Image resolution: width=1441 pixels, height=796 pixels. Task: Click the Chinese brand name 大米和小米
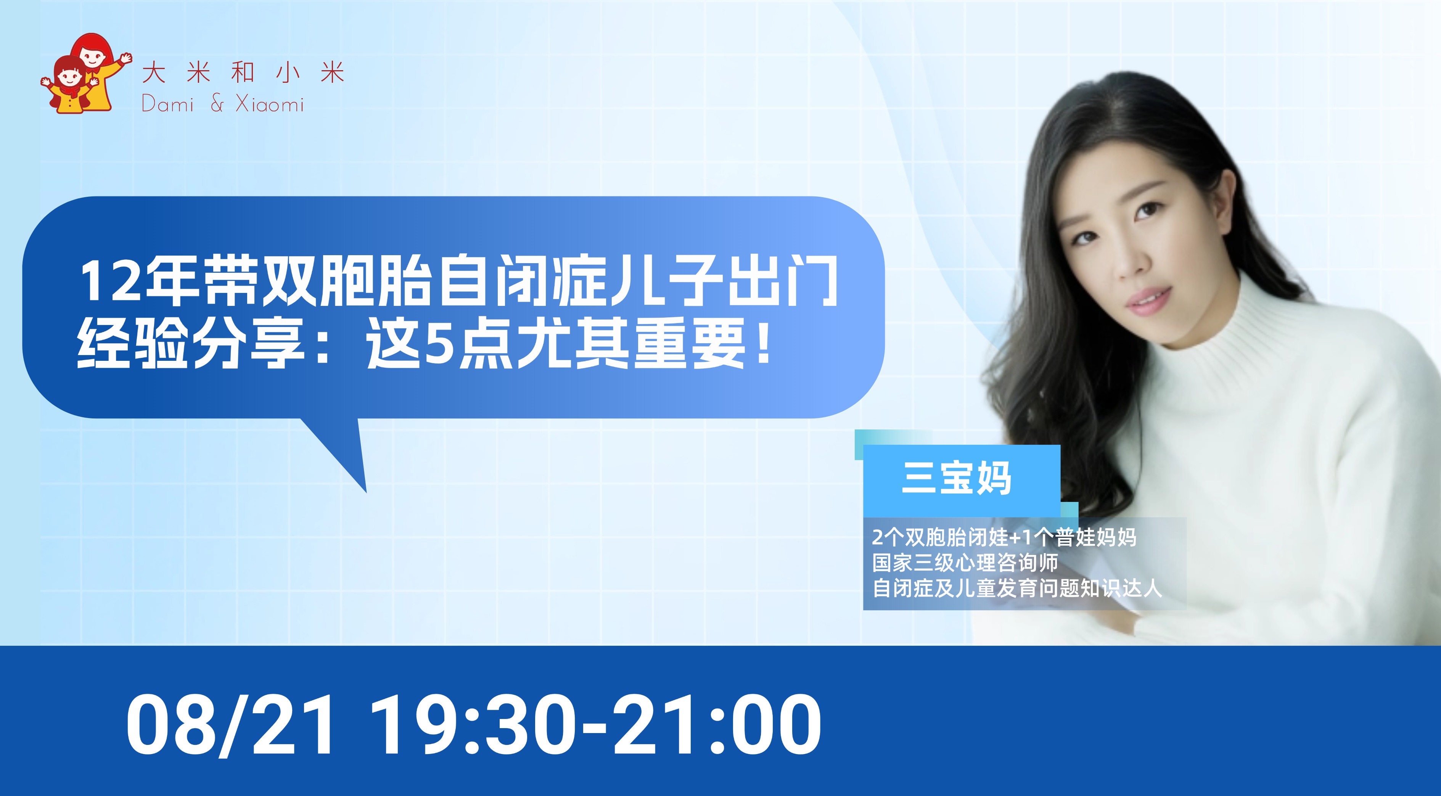243,73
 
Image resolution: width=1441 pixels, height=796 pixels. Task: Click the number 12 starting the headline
109,282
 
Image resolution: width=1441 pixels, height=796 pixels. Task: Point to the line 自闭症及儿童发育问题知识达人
1017,588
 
